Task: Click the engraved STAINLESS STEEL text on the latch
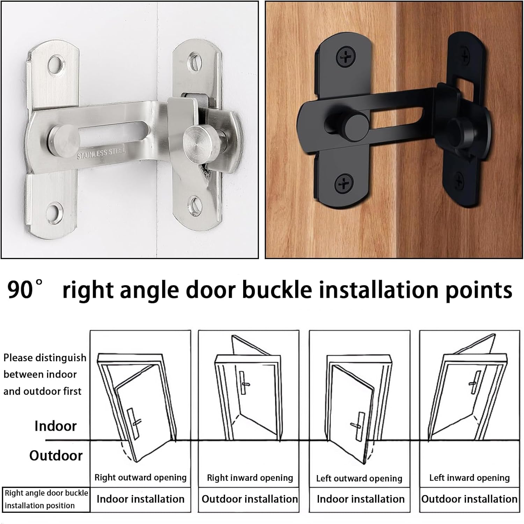tap(101, 153)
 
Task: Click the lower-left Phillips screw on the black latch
tap(344, 184)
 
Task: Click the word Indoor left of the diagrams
tap(56, 426)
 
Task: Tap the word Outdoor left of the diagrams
tap(56, 455)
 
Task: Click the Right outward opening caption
tap(140, 478)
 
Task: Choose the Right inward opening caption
tap(250, 478)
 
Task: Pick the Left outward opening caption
tap(359, 478)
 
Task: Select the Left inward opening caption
tap(470, 478)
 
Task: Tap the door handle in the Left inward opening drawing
tap(475, 383)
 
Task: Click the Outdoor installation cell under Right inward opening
tap(250, 499)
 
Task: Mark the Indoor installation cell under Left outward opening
tap(361, 499)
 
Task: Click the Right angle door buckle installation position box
tap(46, 500)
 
